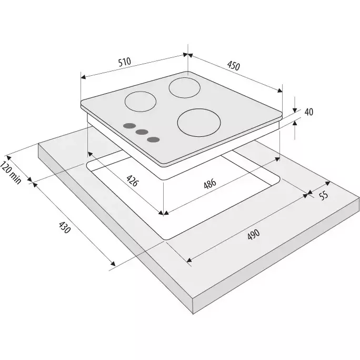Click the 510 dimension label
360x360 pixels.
coord(125,62)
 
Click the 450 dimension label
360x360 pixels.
coord(234,66)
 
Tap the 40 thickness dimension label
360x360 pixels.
coord(309,112)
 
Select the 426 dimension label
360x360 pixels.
coord(133,181)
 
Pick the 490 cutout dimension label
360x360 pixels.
coord(254,234)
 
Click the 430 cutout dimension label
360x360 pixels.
coord(64,227)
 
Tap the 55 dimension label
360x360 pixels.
coord(324,196)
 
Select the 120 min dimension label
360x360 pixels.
coord(11,173)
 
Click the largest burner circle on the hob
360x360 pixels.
coord(199,123)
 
